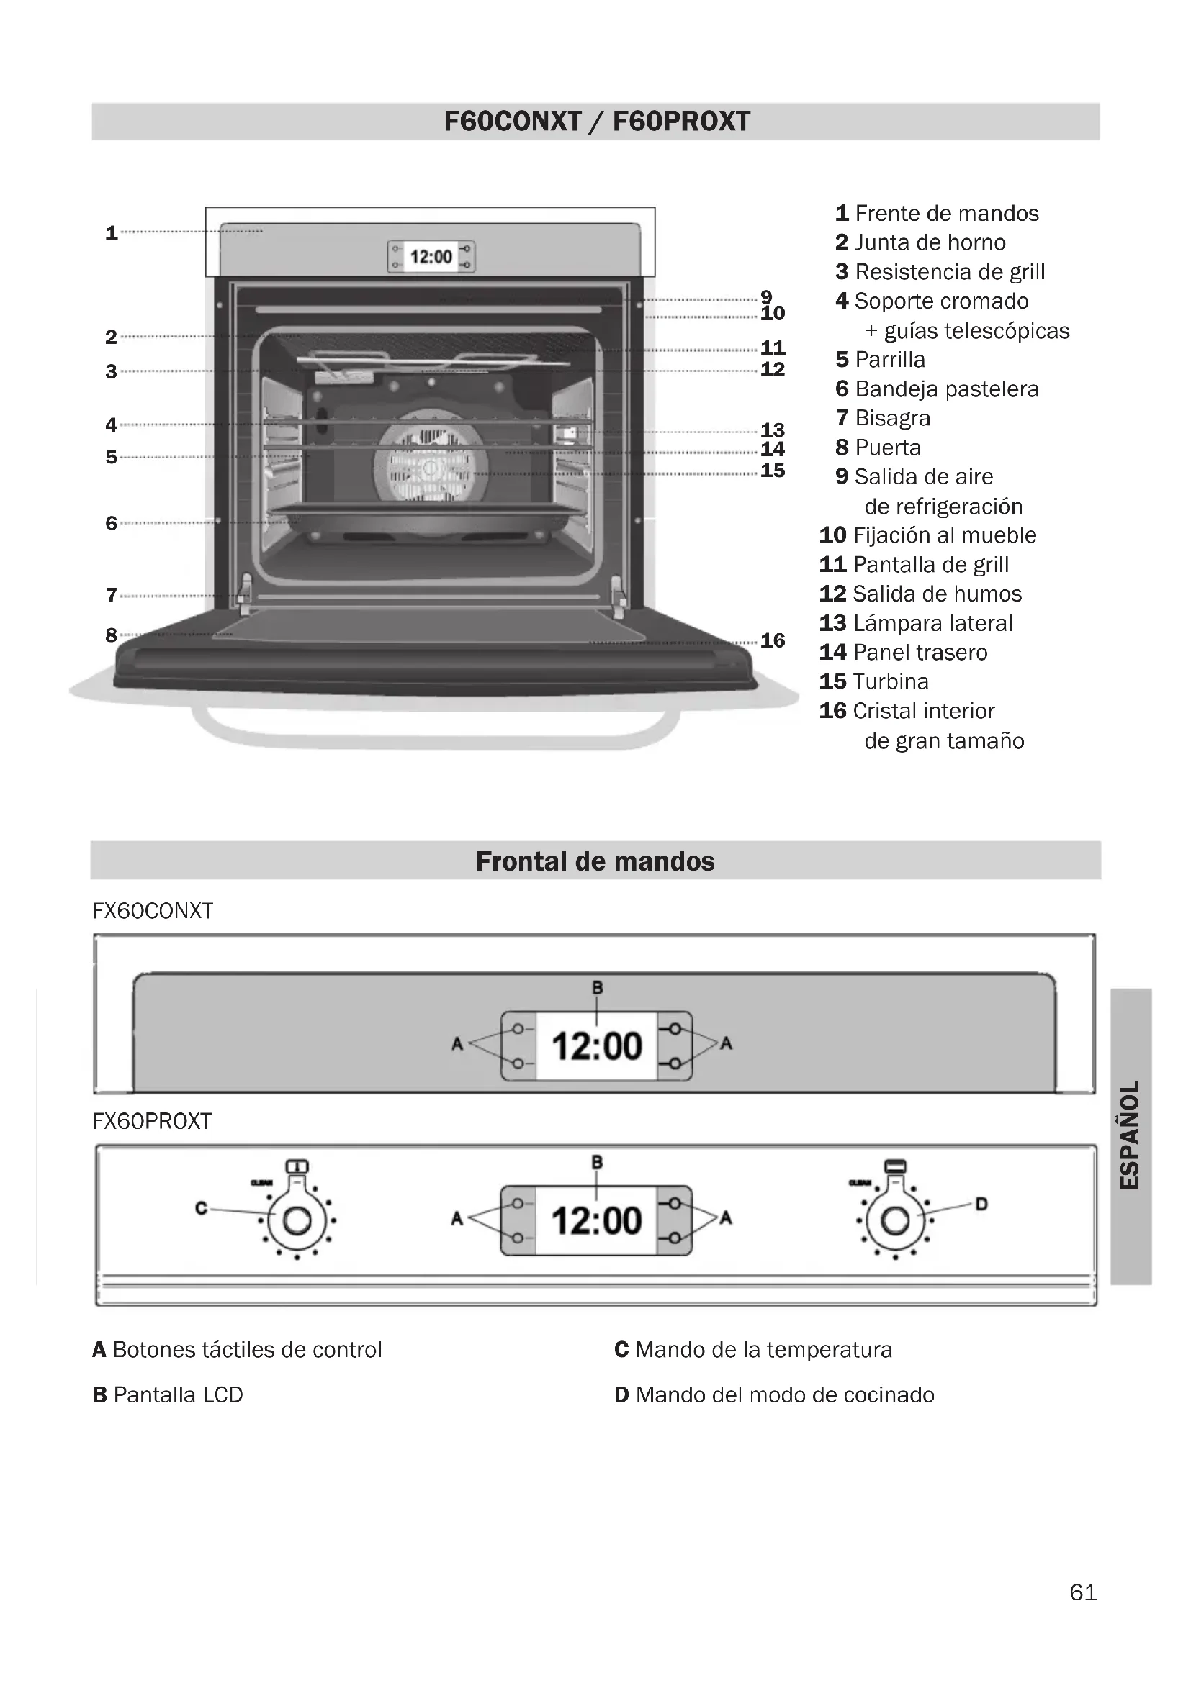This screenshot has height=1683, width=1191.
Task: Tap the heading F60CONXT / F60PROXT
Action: [596, 122]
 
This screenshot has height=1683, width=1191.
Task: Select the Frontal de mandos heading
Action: [595, 861]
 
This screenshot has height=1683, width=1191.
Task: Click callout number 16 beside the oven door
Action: [772, 640]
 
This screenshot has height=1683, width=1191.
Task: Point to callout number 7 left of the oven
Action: [112, 594]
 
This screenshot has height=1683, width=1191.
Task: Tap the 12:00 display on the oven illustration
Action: [431, 257]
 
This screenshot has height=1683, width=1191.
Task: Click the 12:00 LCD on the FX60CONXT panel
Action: [596, 1045]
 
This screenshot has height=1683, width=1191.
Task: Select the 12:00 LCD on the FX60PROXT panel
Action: [596, 1220]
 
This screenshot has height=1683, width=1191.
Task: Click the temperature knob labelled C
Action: [297, 1220]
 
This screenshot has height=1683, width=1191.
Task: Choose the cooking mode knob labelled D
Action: [895, 1220]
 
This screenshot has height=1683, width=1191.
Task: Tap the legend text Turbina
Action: [890, 681]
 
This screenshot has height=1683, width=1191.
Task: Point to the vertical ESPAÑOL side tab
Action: [1130, 1135]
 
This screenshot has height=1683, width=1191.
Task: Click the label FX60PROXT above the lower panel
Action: [152, 1121]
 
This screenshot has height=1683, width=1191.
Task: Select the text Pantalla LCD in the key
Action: [177, 1394]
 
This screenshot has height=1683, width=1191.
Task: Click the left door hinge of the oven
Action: [245, 594]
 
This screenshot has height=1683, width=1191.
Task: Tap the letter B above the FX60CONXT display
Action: [597, 987]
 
